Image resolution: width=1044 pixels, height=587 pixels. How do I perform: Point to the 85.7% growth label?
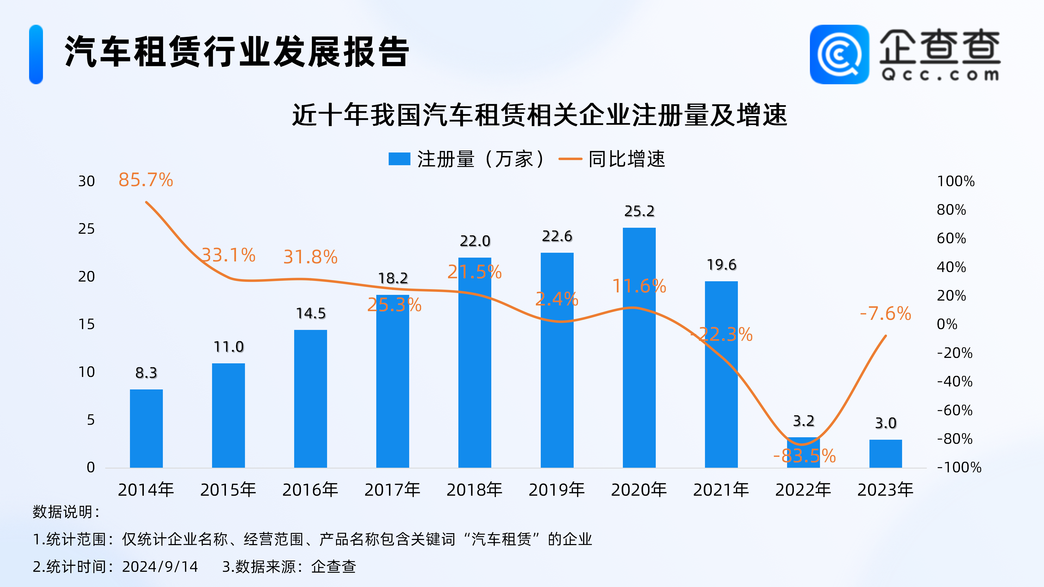pos(145,180)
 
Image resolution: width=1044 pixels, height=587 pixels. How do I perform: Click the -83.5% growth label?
pos(804,456)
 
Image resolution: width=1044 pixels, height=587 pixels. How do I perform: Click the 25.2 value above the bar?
pos(639,211)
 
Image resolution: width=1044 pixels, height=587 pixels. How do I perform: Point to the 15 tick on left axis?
pos(86,324)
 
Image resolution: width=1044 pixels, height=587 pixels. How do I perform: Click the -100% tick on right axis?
pos(959,467)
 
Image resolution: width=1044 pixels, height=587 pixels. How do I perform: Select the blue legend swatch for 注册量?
pos(399,159)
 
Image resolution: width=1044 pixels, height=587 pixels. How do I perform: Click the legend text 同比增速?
pos(627,159)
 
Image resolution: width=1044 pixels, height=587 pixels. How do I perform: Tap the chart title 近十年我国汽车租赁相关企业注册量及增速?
pos(539,115)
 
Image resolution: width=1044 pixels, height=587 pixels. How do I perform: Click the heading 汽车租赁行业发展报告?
pos(237,52)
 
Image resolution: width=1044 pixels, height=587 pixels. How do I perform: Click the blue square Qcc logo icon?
pos(839,54)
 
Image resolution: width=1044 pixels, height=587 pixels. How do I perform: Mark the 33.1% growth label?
pos(229,255)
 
